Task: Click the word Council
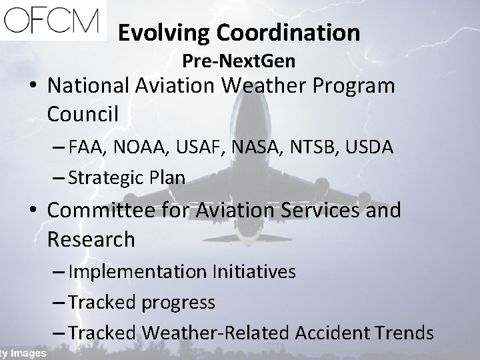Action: pos(83,114)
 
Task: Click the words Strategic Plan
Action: pos(127,178)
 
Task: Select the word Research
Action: pos(91,239)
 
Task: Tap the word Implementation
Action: pos(138,273)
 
